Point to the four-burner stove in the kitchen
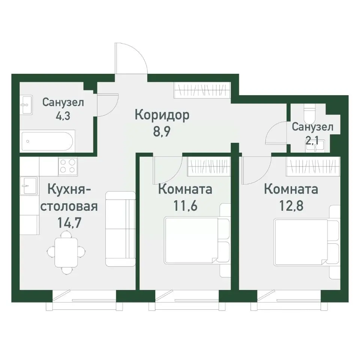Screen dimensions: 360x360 coord(68,166)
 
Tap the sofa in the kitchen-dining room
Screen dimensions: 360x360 coord(120,229)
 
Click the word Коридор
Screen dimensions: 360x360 coord(162,115)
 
